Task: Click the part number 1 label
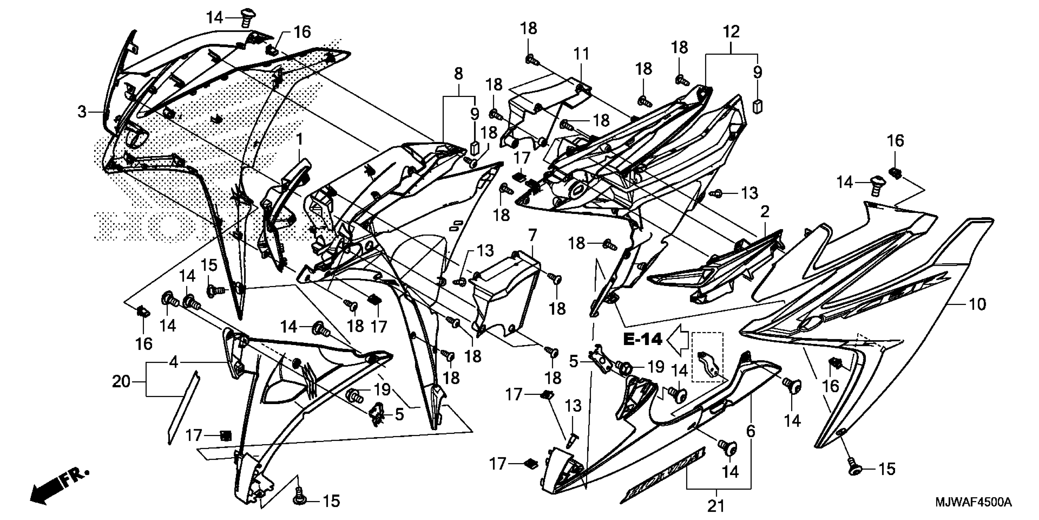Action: [x=299, y=140]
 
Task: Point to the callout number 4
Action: [x=174, y=362]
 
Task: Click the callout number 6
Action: [x=750, y=431]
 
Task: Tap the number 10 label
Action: [x=977, y=304]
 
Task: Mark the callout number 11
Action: [x=581, y=54]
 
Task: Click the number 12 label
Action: [x=731, y=32]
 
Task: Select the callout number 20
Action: [x=121, y=381]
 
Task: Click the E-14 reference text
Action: [x=643, y=340]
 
